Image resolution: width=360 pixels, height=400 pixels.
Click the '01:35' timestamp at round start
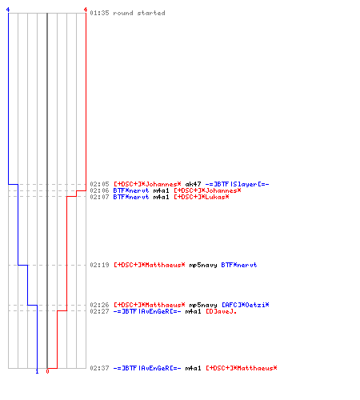pyautogui.click(x=99, y=13)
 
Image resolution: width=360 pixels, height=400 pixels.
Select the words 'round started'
pyautogui.click(x=139, y=13)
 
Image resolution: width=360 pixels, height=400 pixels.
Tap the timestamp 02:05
pyautogui.click(x=99, y=184)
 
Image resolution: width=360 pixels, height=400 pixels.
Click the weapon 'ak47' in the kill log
pyautogui.click(x=193, y=184)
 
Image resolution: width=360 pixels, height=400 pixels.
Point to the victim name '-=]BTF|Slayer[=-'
pyautogui.click(x=237, y=184)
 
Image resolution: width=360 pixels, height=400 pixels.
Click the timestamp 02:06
pyautogui.click(x=99, y=190)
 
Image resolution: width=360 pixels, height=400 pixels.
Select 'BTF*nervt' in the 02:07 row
pyautogui.click(x=131, y=197)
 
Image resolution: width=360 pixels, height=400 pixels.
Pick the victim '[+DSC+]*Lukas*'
pyautogui.click(x=202, y=197)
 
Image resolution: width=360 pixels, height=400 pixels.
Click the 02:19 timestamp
pyautogui.click(x=99, y=265)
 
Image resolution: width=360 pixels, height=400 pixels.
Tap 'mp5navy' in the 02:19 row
pyautogui.click(x=203, y=265)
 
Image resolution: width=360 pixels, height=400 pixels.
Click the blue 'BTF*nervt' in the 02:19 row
pyautogui.click(x=239, y=265)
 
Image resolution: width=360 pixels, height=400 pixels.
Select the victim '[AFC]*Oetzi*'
pyautogui.click(x=246, y=305)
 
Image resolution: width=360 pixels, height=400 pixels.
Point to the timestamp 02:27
pyautogui.click(x=99, y=311)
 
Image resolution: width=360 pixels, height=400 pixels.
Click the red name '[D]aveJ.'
pyautogui.click(x=221, y=311)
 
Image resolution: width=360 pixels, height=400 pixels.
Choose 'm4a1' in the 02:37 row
pyautogui.click(x=193, y=368)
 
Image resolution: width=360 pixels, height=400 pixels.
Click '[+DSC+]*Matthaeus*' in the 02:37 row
pyautogui.click(x=242, y=368)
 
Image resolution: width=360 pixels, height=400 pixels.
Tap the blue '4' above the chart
pyautogui.click(x=8, y=10)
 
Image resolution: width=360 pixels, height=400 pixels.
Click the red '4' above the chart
pyautogui.click(x=86, y=10)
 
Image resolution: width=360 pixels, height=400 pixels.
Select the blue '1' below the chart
pyautogui.click(x=37, y=371)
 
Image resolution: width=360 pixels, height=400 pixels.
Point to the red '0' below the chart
pyautogui.click(x=47, y=371)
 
